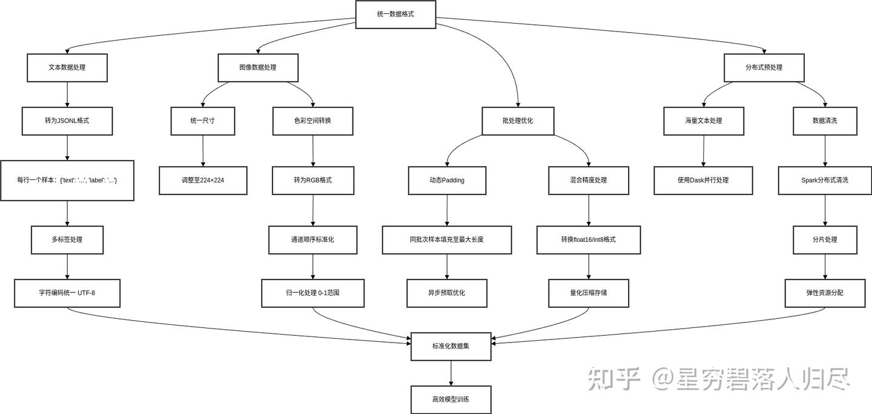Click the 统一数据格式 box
[395, 14]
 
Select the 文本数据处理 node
[67, 67]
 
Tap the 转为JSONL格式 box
[67, 121]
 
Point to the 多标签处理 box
[67, 239]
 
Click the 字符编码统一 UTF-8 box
[67, 293]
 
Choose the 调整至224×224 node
[203, 180]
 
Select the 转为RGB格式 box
[313, 180]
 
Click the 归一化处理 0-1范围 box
[313, 293]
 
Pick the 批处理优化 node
[518, 121]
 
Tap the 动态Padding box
[447, 180]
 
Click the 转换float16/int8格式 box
[589, 239]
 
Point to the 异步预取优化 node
[447, 293]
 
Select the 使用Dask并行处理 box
[703, 180]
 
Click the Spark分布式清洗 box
[825, 180]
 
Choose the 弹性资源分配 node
[825, 293]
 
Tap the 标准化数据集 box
[451, 346]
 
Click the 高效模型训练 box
[451, 399]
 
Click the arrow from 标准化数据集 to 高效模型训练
[451, 373]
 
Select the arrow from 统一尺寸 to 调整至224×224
[203, 150]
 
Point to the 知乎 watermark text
[614, 379]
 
